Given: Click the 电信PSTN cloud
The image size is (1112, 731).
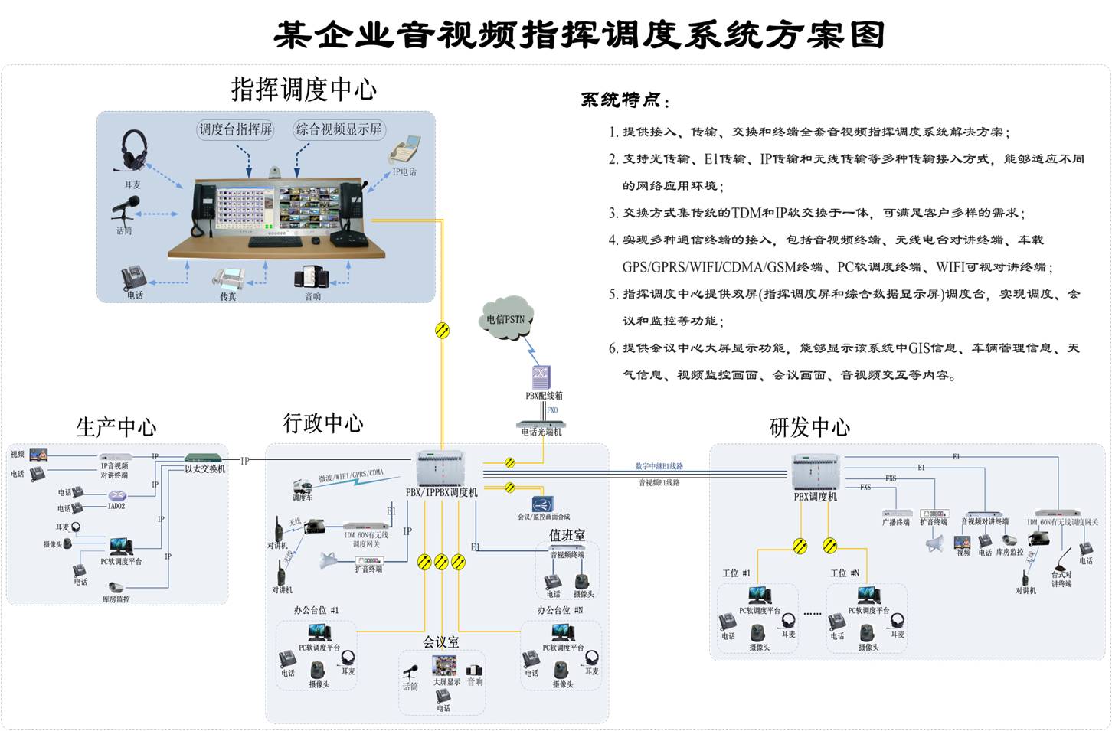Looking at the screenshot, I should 507,318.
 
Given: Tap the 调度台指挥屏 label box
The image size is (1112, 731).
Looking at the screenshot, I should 236,129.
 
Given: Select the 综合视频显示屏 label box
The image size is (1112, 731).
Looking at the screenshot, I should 339,129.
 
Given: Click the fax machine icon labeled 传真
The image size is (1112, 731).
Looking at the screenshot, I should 228,277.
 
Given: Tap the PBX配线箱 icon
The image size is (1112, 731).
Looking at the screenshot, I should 542,377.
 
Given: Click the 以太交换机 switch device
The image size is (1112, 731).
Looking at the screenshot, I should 204,459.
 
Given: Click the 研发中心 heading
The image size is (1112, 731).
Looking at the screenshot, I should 809,426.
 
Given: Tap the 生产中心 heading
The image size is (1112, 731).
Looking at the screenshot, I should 116,426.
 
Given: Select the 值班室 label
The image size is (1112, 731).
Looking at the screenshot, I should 567,535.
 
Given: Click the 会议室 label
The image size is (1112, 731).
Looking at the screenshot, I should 442,641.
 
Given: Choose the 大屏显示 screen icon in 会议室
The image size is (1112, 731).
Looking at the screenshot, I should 444,664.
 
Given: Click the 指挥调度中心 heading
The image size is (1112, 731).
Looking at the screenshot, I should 304,90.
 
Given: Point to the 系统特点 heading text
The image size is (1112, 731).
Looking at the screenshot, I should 624,100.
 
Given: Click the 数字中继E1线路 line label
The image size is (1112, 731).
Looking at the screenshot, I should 659,466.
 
